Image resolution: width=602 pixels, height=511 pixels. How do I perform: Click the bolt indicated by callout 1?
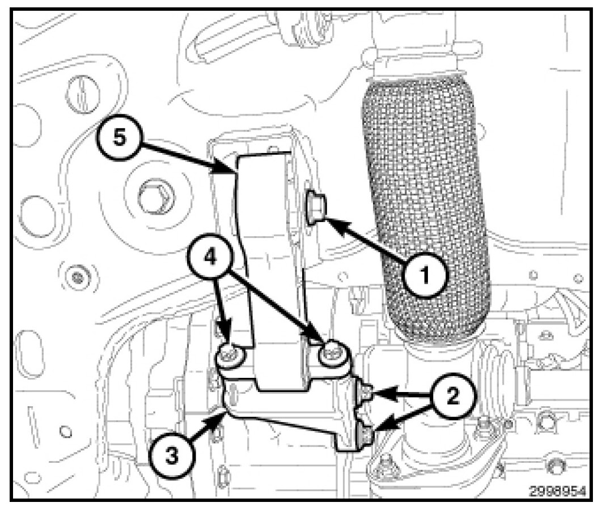click(x=315, y=207)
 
